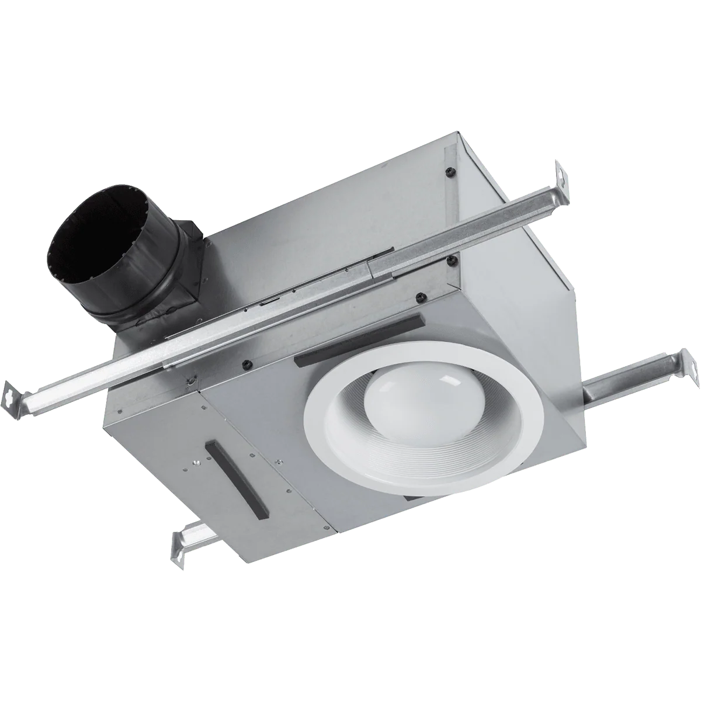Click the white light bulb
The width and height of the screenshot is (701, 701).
coord(403,403)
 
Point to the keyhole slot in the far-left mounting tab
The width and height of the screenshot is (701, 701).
coord(13,391)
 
